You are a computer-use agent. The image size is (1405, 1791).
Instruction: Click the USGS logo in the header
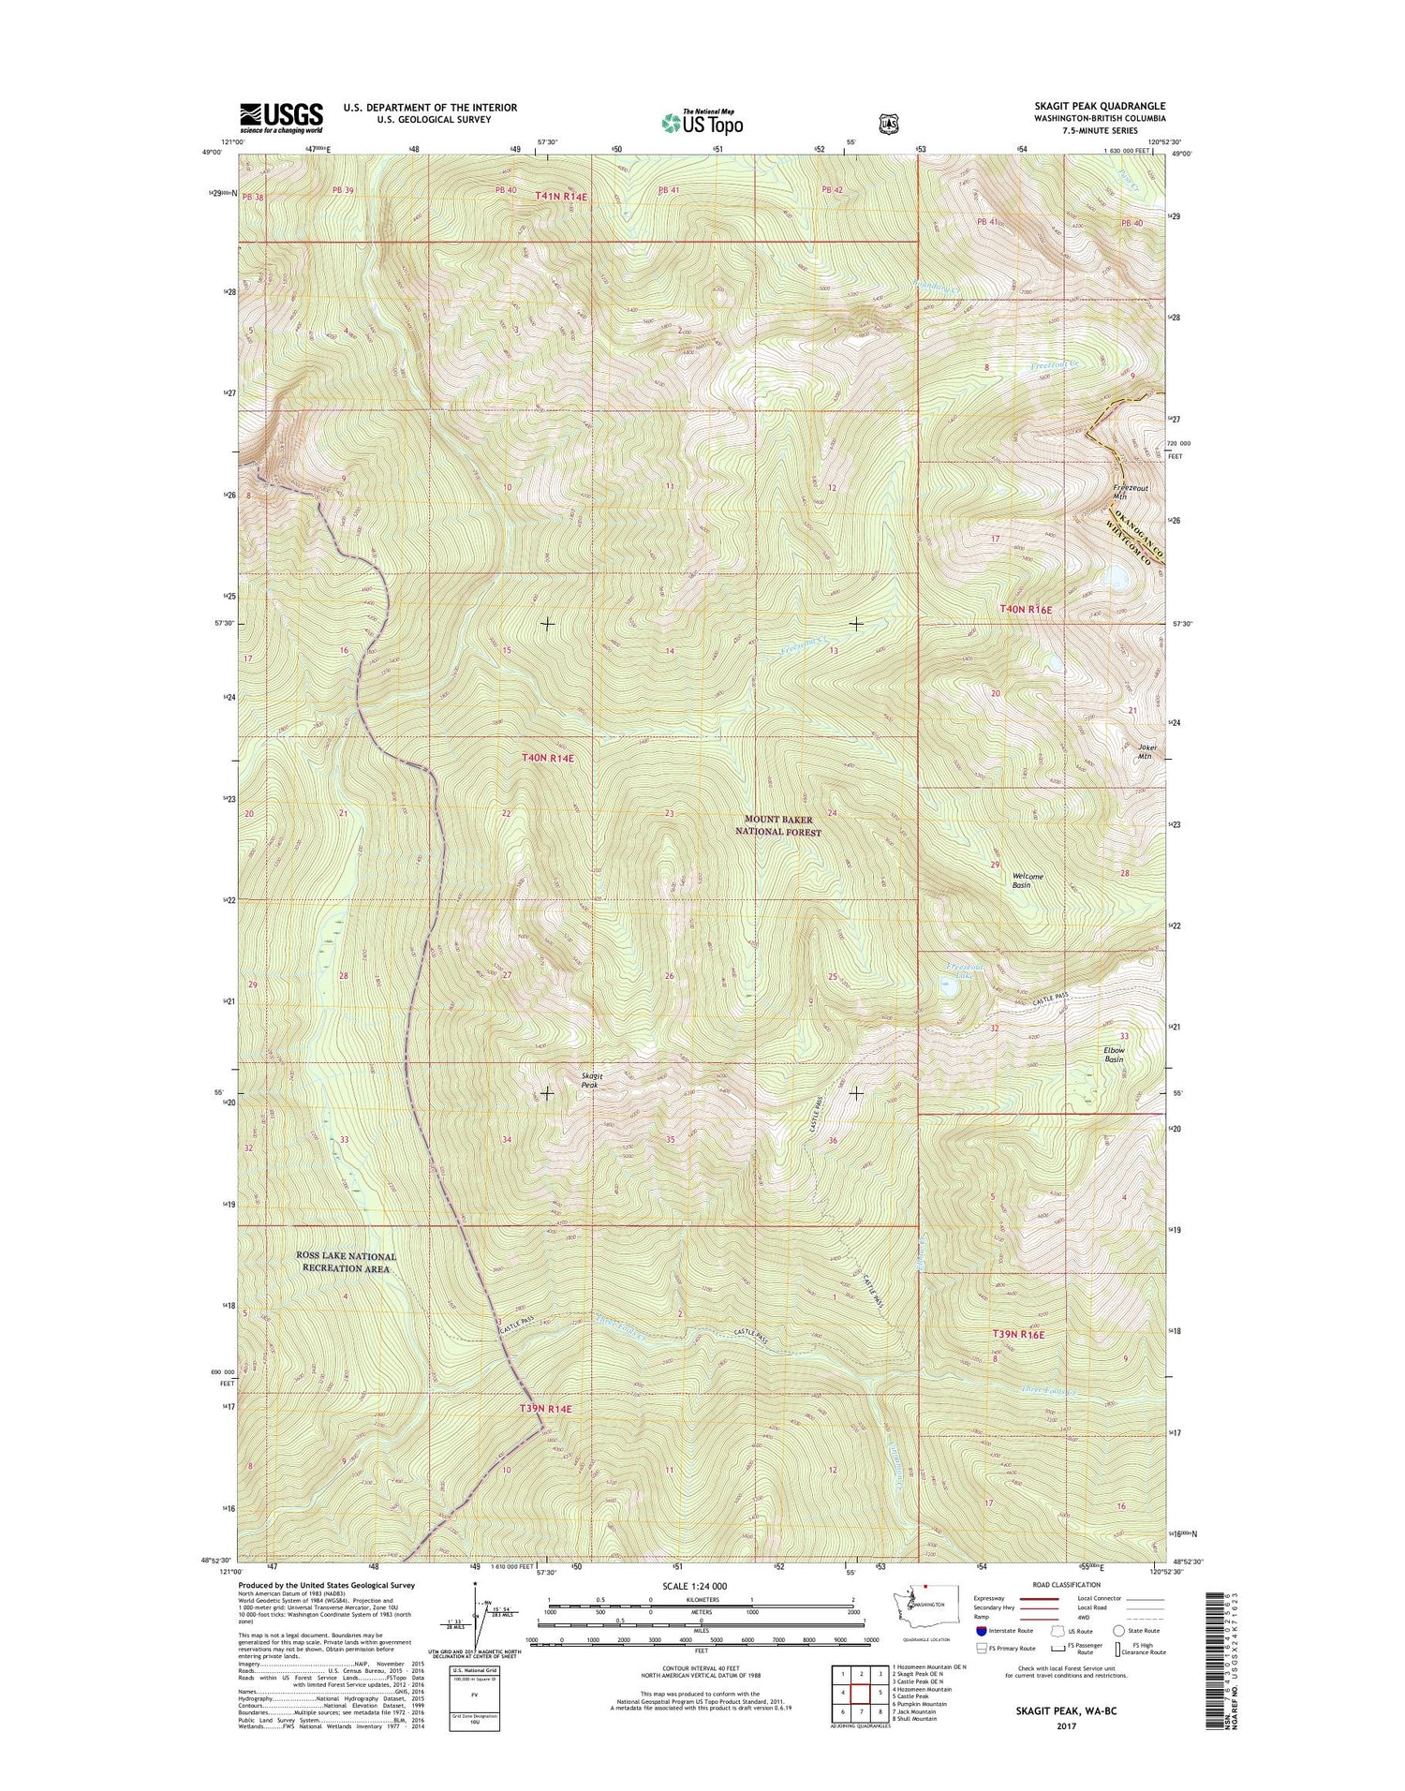pyautogui.click(x=281, y=117)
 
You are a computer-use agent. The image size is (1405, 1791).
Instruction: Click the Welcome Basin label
pyautogui.click(x=1027, y=881)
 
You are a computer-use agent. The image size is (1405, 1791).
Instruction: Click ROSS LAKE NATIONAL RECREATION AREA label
pyautogui.click(x=346, y=1262)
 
